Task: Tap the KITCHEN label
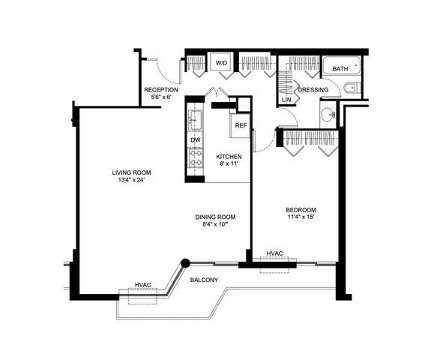[229, 156]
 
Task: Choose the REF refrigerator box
[241, 125]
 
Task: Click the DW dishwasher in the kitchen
[195, 140]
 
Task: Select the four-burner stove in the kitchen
[195, 158]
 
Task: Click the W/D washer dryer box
[221, 64]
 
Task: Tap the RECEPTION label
[160, 89]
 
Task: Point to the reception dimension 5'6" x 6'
[160, 97]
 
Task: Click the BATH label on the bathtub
[340, 69]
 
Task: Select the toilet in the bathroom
[352, 90]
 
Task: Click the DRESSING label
[313, 90]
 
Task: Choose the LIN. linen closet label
[286, 99]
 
